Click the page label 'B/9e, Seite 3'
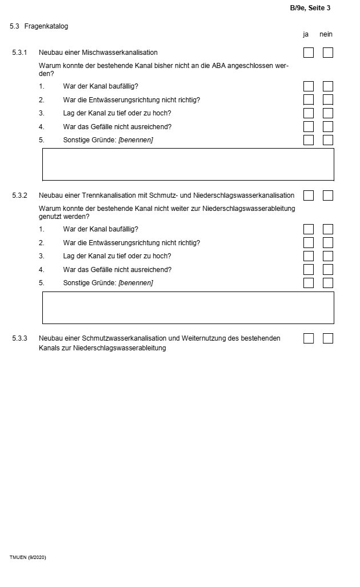[x=310, y=8]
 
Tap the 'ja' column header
[x=306, y=34]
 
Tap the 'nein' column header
[x=326, y=34]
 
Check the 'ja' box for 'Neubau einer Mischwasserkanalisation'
[x=309, y=53]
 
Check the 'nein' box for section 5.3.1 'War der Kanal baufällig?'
[x=328, y=86]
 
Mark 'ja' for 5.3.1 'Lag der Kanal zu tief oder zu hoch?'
[x=309, y=113]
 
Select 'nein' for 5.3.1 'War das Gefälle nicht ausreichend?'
[x=328, y=127]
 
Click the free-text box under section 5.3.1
[x=188, y=164]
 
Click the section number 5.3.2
[x=19, y=195]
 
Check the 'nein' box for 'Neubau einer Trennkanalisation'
[x=328, y=195]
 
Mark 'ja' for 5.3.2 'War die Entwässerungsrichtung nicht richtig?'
[x=309, y=243]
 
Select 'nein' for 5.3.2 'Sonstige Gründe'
[x=328, y=283]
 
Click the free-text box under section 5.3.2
[x=188, y=308]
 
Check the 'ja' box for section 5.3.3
[x=309, y=338]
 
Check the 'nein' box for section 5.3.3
[x=328, y=338]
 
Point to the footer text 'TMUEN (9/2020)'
[x=27, y=557]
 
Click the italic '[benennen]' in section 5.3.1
[x=135, y=140]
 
